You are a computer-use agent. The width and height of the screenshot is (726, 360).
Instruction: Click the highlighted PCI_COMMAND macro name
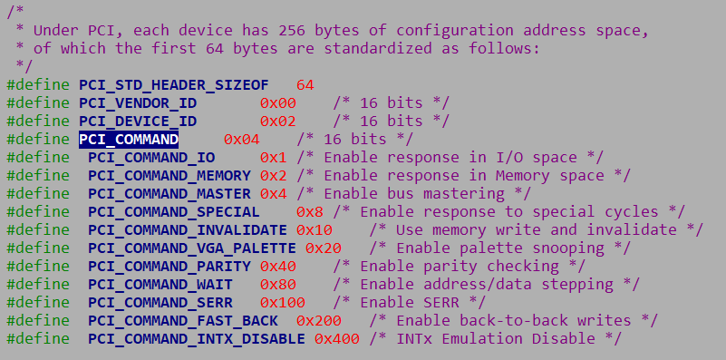pos(129,139)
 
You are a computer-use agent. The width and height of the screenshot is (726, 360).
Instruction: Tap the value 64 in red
pos(305,84)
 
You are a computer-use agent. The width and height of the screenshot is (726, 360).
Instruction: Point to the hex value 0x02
pos(278,121)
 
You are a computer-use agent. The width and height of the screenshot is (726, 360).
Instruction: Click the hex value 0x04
pos(242,139)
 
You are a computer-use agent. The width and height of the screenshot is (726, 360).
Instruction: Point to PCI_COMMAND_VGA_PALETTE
pos(192,248)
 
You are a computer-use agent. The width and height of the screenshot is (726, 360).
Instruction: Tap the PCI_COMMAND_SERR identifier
pos(160,302)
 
